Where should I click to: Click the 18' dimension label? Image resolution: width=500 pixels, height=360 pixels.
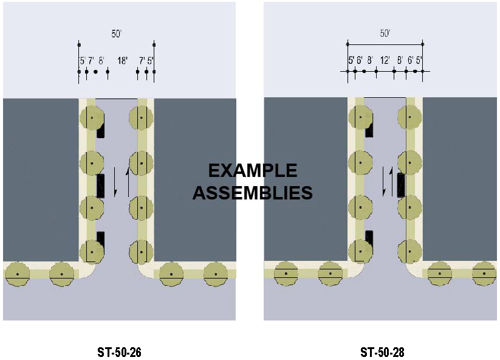pyautogui.click(x=122, y=61)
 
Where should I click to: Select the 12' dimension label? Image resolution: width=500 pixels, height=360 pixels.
pyautogui.click(x=385, y=60)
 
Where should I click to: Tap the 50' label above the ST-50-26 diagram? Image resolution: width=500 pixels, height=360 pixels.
pyautogui.click(x=116, y=34)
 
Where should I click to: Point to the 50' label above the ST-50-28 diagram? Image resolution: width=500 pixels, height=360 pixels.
pyautogui.click(x=385, y=34)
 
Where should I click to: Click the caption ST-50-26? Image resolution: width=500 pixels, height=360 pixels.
pyautogui.click(x=119, y=352)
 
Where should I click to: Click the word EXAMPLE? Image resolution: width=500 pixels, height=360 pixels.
pyautogui.click(x=253, y=170)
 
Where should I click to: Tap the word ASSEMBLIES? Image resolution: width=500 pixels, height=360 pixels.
pyautogui.click(x=253, y=193)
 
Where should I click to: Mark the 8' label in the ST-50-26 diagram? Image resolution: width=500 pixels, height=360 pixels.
pyautogui.click(x=101, y=61)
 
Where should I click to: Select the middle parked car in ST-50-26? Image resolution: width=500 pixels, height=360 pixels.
pyautogui.click(x=100, y=185)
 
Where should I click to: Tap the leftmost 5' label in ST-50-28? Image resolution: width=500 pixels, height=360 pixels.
pyautogui.click(x=351, y=60)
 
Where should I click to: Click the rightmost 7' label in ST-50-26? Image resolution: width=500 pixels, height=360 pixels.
pyautogui.click(x=142, y=61)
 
